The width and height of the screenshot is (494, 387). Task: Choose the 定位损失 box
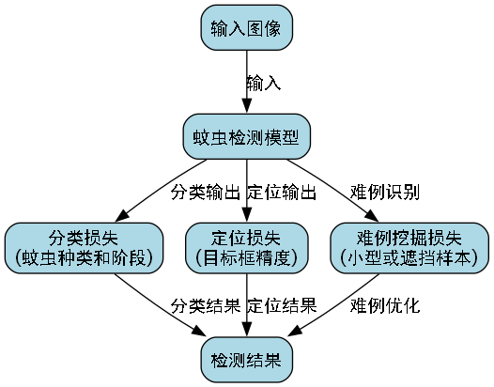(x=246, y=247)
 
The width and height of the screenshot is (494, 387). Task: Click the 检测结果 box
(x=246, y=360)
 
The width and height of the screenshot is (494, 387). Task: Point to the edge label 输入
(x=264, y=83)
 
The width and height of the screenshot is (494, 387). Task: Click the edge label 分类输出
(x=206, y=193)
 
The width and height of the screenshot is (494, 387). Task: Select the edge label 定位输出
(x=281, y=193)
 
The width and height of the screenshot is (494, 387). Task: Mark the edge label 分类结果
(x=206, y=305)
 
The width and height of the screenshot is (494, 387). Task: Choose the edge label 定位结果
(x=281, y=305)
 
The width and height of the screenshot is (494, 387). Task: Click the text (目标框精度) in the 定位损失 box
(x=246, y=256)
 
